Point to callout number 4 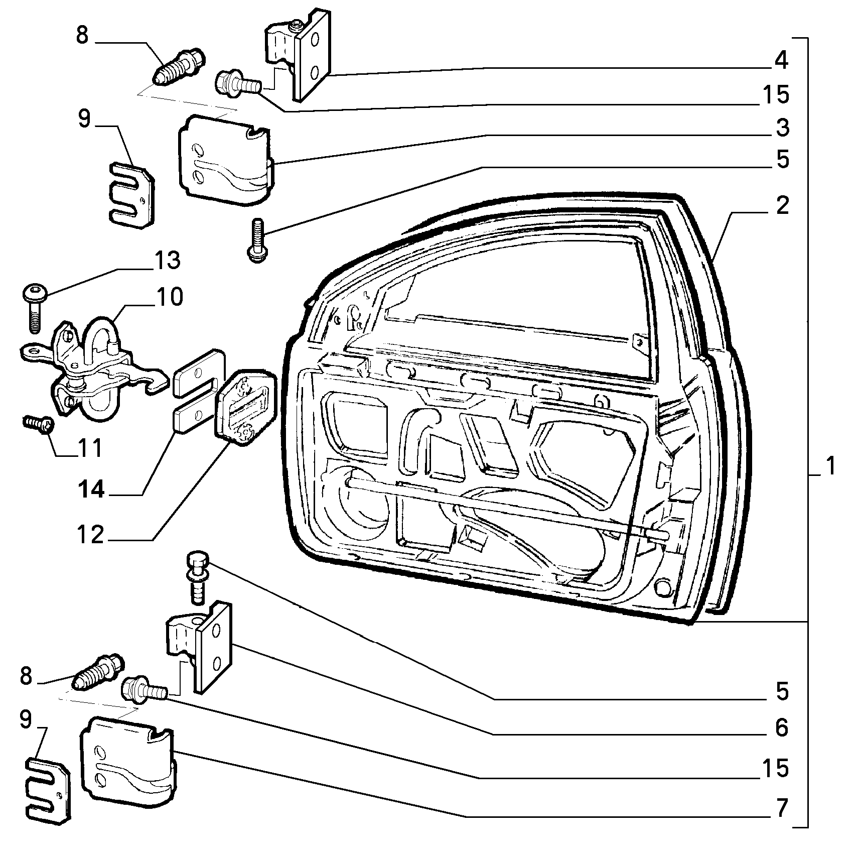(x=781, y=60)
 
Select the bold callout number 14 (x=91, y=490)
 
